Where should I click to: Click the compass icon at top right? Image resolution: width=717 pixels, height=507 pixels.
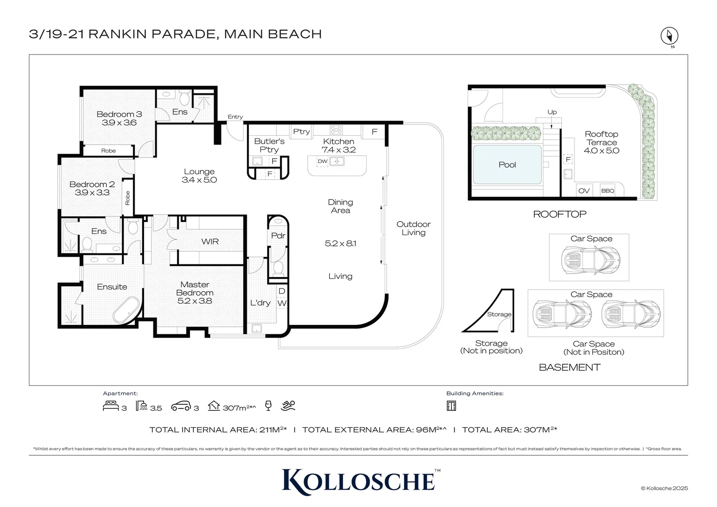click(x=670, y=36)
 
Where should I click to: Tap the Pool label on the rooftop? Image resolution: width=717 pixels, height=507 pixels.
click(x=507, y=165)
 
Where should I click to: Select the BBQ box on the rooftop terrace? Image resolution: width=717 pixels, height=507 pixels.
click(x=608, y=191)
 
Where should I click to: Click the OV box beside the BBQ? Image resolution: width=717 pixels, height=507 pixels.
click(x=584, y=191)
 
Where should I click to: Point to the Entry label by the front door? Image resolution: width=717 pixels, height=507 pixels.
click(x=235, y=117)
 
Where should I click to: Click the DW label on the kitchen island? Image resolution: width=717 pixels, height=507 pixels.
click(x=322, y=161)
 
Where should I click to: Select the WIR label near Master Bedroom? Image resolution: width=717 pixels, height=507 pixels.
click(x=210, y=241)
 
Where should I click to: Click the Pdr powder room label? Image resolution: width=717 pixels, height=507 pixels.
click(x=278, y=236)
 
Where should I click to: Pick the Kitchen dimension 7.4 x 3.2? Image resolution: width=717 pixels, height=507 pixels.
click(x=338, y=150)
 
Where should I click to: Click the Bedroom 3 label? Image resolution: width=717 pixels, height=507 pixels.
click(x=119, y=114)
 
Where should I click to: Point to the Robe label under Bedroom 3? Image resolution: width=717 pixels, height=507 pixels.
click(x=108, y=151)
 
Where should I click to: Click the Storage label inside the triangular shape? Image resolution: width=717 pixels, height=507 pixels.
click(x=499, y=315)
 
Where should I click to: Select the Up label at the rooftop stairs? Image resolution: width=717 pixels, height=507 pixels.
click(x=552, y=112)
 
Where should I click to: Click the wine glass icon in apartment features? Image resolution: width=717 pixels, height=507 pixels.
click(x=268, y=406)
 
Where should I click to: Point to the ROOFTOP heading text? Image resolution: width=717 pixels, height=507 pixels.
click(x=560, y=214)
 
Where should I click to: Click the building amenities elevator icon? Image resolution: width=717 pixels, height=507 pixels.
click(x=451, y=406)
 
